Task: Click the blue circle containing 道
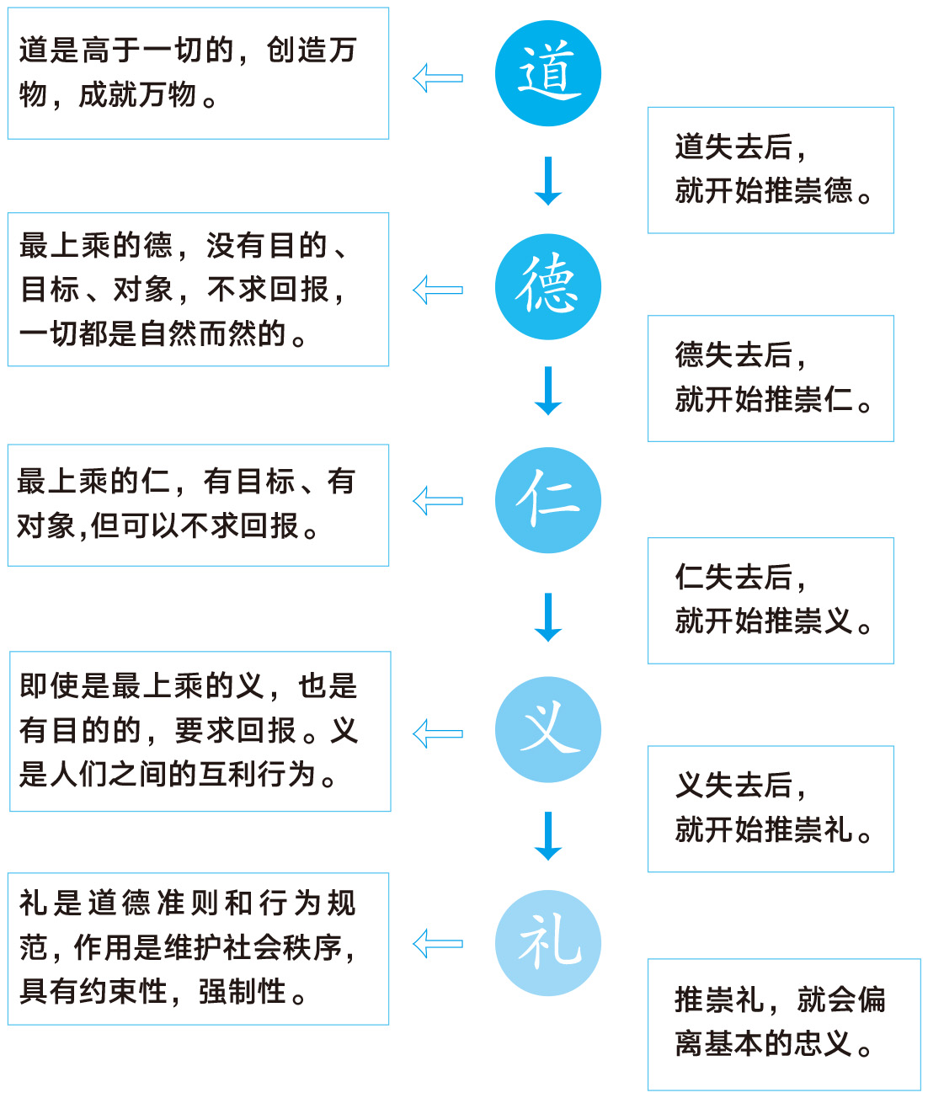(x=547, y=73)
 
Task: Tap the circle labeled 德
(x=547, y=286)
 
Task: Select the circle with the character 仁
(x=547, y=500)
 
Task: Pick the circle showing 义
(x=547, y=729)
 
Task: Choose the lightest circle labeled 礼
(x=547, y=943)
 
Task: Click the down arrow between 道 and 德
(x=547, y=180)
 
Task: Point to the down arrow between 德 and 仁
(x=547, y=391)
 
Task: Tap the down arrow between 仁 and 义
(x=547, y=617)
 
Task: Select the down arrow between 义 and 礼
(x=547, y=836)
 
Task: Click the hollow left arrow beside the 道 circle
(x=438, y=78)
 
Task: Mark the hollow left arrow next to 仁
(x=438, y=501)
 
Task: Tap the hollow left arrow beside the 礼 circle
(x=438, y=944)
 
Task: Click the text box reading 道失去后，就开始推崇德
(x=771, y=170)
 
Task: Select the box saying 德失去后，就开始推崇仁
(x=771, y=379)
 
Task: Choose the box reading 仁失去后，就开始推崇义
(x=771, y=600)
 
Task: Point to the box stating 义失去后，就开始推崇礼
(x=771, y=809)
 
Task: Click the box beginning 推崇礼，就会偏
(x=784, y=1025)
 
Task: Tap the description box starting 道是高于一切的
(x=199, y=73)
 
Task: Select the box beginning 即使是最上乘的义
(x=200, y=732)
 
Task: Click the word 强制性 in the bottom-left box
(x=243, y=992)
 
